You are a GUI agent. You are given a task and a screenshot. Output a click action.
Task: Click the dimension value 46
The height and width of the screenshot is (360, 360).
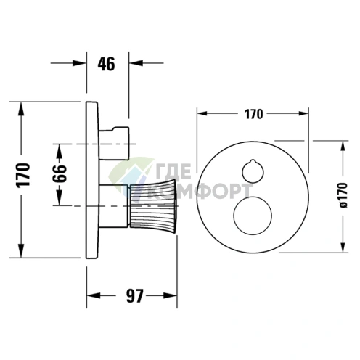pyautogui.click(x=106, y=64)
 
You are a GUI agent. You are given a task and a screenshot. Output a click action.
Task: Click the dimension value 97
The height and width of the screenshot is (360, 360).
pyautogui.click(x=135, y=295)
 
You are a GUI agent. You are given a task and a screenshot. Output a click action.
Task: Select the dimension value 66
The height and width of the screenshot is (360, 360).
pyautogui.click(x=60, y=173)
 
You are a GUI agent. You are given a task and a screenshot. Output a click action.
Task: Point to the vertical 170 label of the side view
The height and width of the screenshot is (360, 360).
pyautogui.click(x=23, y=175)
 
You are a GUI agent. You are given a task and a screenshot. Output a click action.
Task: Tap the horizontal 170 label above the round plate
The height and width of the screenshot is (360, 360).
pyautogui.click(x=253, y=114)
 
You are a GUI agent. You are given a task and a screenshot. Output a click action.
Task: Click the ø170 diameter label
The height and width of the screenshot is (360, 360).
pyautogui.click(x=343, y=195)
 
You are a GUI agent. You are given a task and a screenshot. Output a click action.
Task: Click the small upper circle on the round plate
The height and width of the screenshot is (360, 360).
pyautogui.click(x=253, y=171)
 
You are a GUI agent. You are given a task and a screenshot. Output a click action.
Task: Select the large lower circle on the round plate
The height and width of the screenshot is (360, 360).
pyautogui.click(x=253, y=216)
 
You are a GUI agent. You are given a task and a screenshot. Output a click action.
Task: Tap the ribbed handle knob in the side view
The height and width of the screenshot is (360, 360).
pyautogui.click(x=153, y=206)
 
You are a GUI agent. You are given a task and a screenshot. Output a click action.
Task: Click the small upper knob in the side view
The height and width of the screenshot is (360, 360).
pyautogui.click(x=114, y=143)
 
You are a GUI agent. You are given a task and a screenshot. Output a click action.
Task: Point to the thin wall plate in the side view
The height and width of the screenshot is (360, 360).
pyautogui.click(x=92, y=180)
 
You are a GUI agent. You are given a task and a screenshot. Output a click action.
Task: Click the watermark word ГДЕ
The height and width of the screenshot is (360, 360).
pyautogui.click(x=173, y=171)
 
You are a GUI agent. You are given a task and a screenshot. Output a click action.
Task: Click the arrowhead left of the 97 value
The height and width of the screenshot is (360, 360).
pyautogui.click(x=94, y=295)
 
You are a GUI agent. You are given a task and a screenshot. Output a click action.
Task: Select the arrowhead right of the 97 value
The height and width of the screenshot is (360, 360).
pyautogui.click(x=171, y=295)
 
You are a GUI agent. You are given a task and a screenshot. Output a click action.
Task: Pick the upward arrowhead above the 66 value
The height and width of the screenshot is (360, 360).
pyautogui.click(x=60, y=151)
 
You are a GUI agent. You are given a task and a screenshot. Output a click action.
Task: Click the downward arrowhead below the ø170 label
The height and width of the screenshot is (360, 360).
pyautogui.click(x=343, y=246)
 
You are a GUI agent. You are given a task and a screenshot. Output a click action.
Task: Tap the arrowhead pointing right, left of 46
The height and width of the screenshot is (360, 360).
pyautogui.click(x=79, y=63)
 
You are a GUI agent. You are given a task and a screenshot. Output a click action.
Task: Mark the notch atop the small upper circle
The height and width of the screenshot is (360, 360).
pyautogui.click(x=253, y=161)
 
